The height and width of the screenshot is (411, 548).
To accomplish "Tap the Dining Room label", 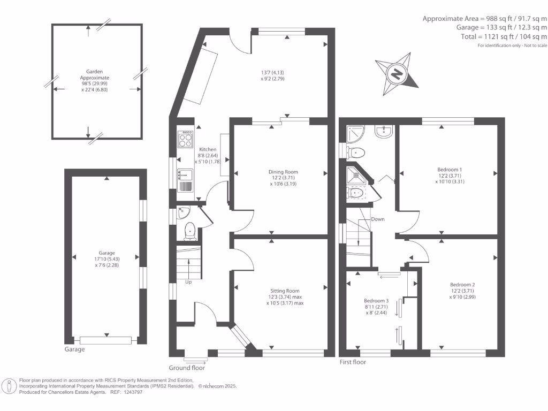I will pos(283,172).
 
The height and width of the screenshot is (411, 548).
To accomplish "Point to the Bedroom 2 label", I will pos(462,285).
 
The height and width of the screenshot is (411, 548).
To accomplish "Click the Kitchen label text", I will pos(208,149).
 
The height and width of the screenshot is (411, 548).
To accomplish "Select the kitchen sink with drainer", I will pos(185,179).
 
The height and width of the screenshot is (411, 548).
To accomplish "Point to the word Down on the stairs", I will pos(378,219).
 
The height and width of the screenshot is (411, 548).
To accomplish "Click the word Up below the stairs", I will pos(188,282).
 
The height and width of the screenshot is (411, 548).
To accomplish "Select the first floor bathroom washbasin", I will pos(384,131).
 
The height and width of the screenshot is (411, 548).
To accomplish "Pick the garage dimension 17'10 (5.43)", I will pos(106,260).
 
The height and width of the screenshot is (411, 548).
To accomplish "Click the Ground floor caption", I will pos(187,368).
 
